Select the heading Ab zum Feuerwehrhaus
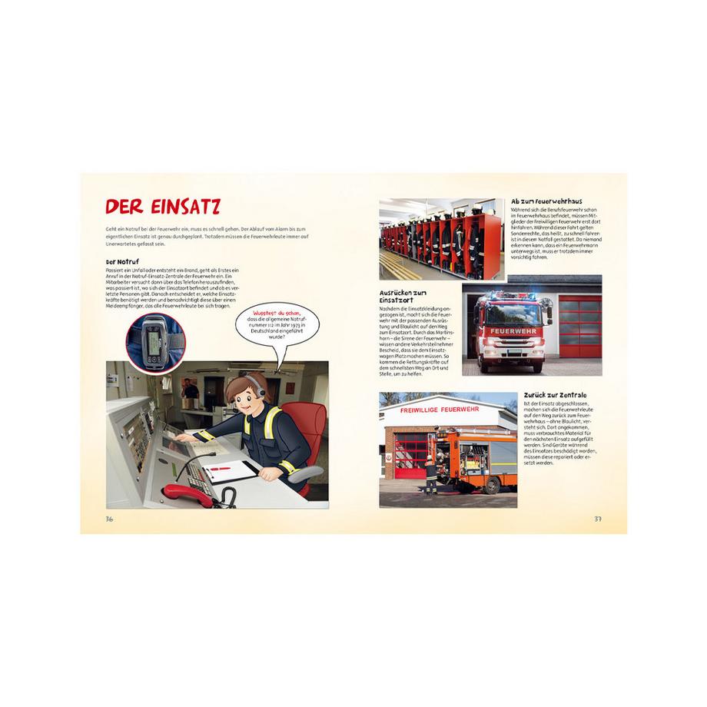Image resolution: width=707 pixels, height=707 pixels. click(546, 201)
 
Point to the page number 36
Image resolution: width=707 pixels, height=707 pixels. click(109, 519)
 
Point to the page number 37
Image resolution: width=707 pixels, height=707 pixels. click(598, 519)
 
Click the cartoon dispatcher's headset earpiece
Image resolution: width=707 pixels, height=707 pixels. click(260, 392)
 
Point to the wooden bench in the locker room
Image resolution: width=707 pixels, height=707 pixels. click(396, 266)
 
